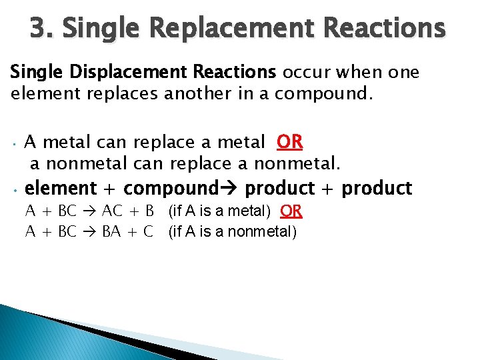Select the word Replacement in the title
click(x=229, y=29)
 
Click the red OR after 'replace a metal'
click(x=290, y=142)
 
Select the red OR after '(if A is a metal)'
click(x=291, y=211)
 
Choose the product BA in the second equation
click(x=111, y=232)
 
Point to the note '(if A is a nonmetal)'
click(x=233, y=232)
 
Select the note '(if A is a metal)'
click(x=219, y=211)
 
